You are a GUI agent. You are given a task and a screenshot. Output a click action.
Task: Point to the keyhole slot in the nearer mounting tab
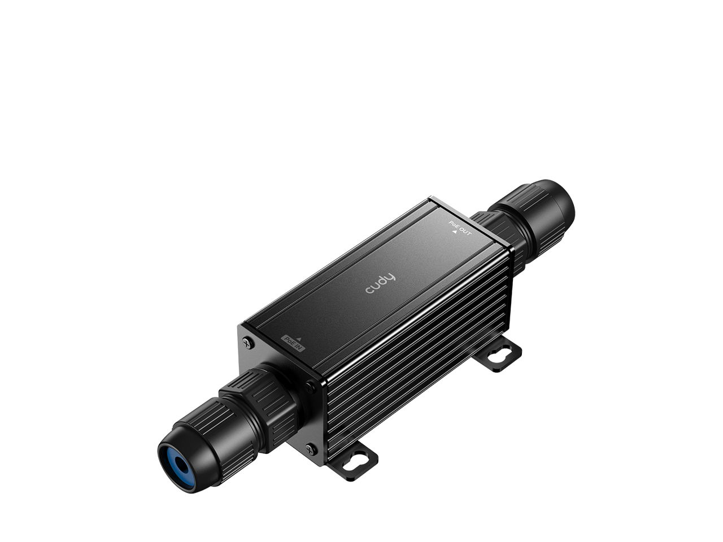point(358,453)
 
